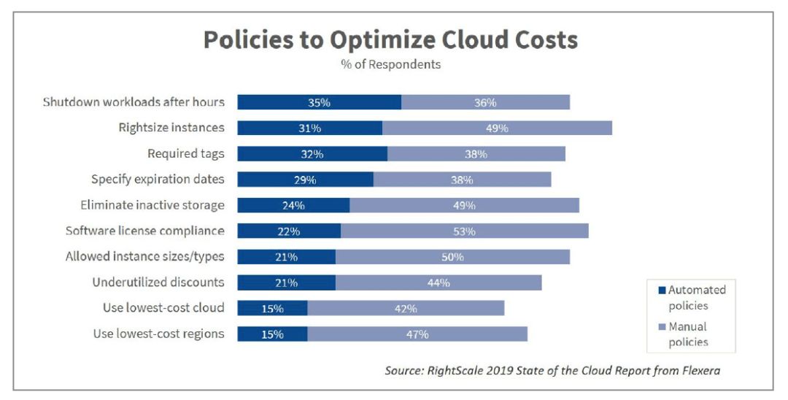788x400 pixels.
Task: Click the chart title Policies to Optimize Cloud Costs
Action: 390,39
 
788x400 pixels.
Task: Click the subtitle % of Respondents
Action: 390,64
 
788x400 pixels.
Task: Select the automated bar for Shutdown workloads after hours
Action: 319,102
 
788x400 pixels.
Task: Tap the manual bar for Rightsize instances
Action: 497,128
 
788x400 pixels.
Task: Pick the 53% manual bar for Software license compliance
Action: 464,231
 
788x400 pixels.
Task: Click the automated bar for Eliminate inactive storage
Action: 293,205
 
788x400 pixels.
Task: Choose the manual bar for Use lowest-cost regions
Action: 417,334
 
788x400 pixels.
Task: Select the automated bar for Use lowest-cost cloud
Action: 272,308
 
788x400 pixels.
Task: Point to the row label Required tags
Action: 186,153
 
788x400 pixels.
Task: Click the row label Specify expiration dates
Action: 158,179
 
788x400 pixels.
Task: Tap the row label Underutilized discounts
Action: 158,282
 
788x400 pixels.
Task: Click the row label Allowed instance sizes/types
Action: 145,256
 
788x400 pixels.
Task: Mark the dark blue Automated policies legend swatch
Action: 661,291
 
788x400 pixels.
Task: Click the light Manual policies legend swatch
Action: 661,327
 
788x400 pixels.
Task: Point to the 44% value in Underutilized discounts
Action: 439,282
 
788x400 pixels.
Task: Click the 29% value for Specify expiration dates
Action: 305,180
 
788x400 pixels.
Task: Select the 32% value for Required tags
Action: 312,154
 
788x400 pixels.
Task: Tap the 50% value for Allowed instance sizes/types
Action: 452,257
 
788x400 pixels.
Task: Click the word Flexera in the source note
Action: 699,370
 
